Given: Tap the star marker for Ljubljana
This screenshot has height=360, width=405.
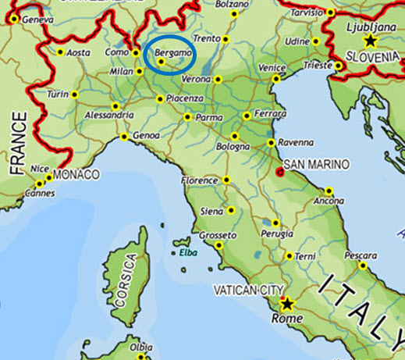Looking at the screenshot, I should [369, 40].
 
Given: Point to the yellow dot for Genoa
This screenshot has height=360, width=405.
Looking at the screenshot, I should [124, 137].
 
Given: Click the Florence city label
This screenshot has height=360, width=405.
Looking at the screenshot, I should [199, 180].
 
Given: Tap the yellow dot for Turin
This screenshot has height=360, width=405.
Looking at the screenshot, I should [75, 94].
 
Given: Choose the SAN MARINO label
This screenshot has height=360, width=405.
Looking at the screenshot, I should [317, 164].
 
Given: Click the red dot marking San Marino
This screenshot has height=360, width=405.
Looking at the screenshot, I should [280, 173].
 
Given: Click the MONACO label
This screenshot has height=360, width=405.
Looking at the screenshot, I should [76, 174].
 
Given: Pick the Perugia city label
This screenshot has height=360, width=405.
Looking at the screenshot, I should [279, 233].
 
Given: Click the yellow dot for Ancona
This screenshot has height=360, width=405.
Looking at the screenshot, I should [329, 191].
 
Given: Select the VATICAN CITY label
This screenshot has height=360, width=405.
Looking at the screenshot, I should [246, 290].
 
